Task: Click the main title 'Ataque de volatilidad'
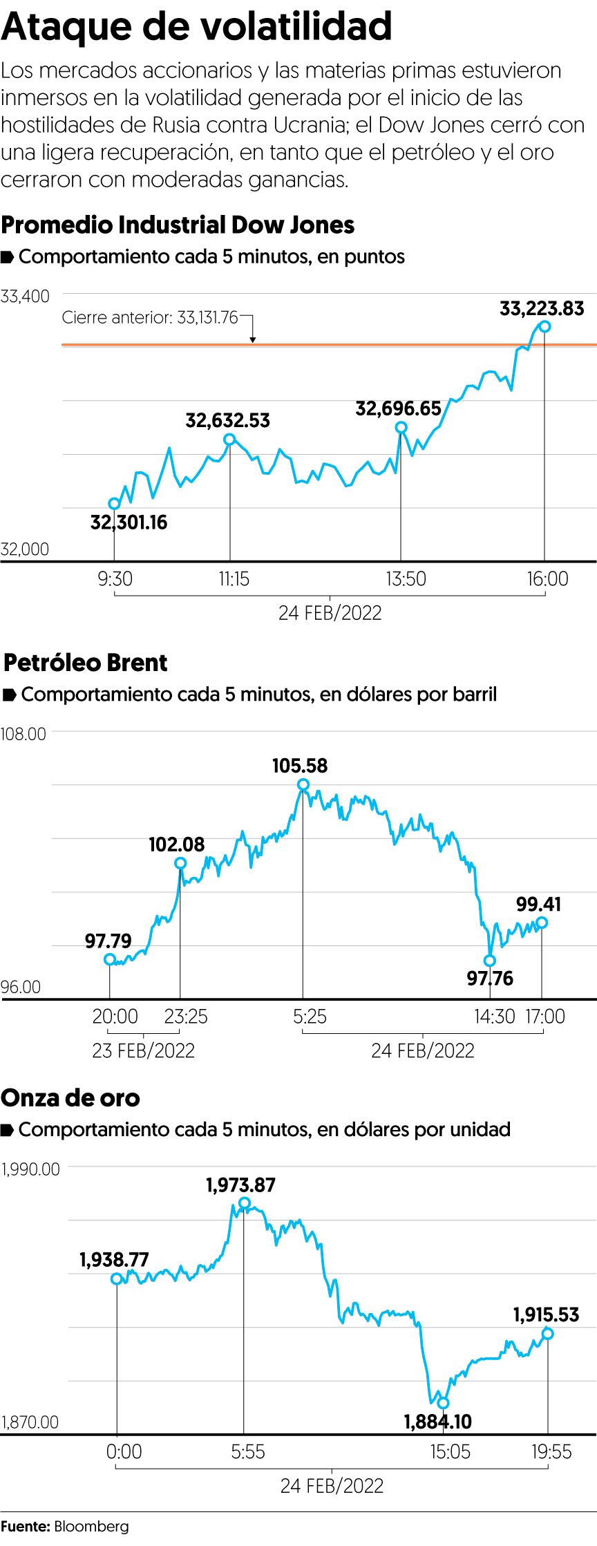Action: [197, 28]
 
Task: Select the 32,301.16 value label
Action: [129, 522]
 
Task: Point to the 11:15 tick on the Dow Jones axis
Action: [234, 578]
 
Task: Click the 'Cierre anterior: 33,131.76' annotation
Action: [150, 318]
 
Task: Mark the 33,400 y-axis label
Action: [26, 296]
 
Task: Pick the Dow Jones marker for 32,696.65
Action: [401, 428]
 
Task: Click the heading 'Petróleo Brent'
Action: [86, 663]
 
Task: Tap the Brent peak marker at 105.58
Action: [303, 784]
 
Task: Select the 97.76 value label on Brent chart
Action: [490, 978]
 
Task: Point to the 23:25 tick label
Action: [186, 1017]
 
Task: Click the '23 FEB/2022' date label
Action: [144, 1050]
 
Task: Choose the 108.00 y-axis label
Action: [23, 734]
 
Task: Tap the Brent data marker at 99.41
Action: [542, 923]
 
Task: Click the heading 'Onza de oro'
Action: [70, 1098]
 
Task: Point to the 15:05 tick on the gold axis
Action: [450, 1451]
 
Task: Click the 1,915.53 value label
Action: [546, 1314]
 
